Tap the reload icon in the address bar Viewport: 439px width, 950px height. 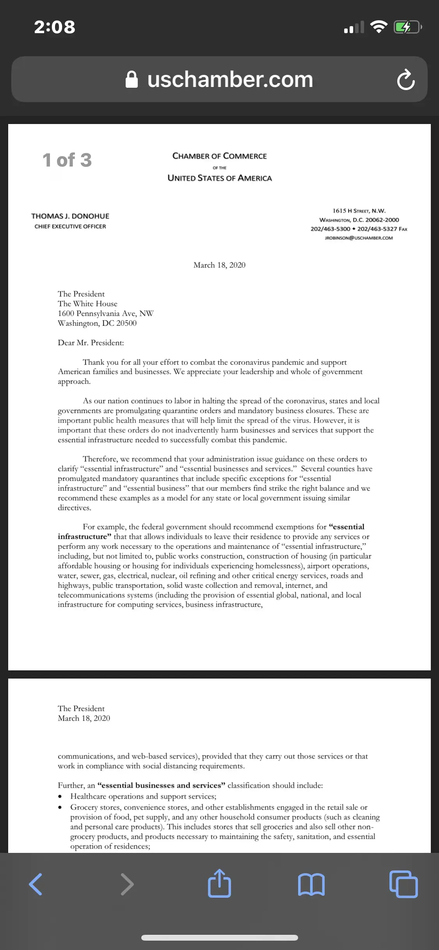(406, 80)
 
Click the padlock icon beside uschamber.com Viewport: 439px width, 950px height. (132, 80)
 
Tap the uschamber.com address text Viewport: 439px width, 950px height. (230, 80)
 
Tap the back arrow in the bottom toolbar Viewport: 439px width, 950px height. (36, 884)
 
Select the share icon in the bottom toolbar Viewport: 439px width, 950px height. (219, 883)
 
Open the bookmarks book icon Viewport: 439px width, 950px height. (311, 884)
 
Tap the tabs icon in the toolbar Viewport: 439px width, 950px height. (403, 884)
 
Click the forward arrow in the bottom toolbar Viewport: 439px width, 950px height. (127, 884)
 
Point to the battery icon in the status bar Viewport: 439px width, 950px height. (407, 27)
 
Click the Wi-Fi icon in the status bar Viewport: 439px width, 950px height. (378, 27)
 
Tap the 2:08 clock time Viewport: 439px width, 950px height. (55, 27)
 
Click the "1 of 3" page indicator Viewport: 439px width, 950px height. (67, 160)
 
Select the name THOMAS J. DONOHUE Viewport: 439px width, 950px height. (70, 216)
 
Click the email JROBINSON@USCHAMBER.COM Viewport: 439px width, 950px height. (359, 238)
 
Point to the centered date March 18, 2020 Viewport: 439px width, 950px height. (219, 265)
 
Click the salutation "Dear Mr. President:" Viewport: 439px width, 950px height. (91, 343)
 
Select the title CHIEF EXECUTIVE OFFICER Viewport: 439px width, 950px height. (70, 227)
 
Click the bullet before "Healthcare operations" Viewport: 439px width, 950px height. (60, 797)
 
